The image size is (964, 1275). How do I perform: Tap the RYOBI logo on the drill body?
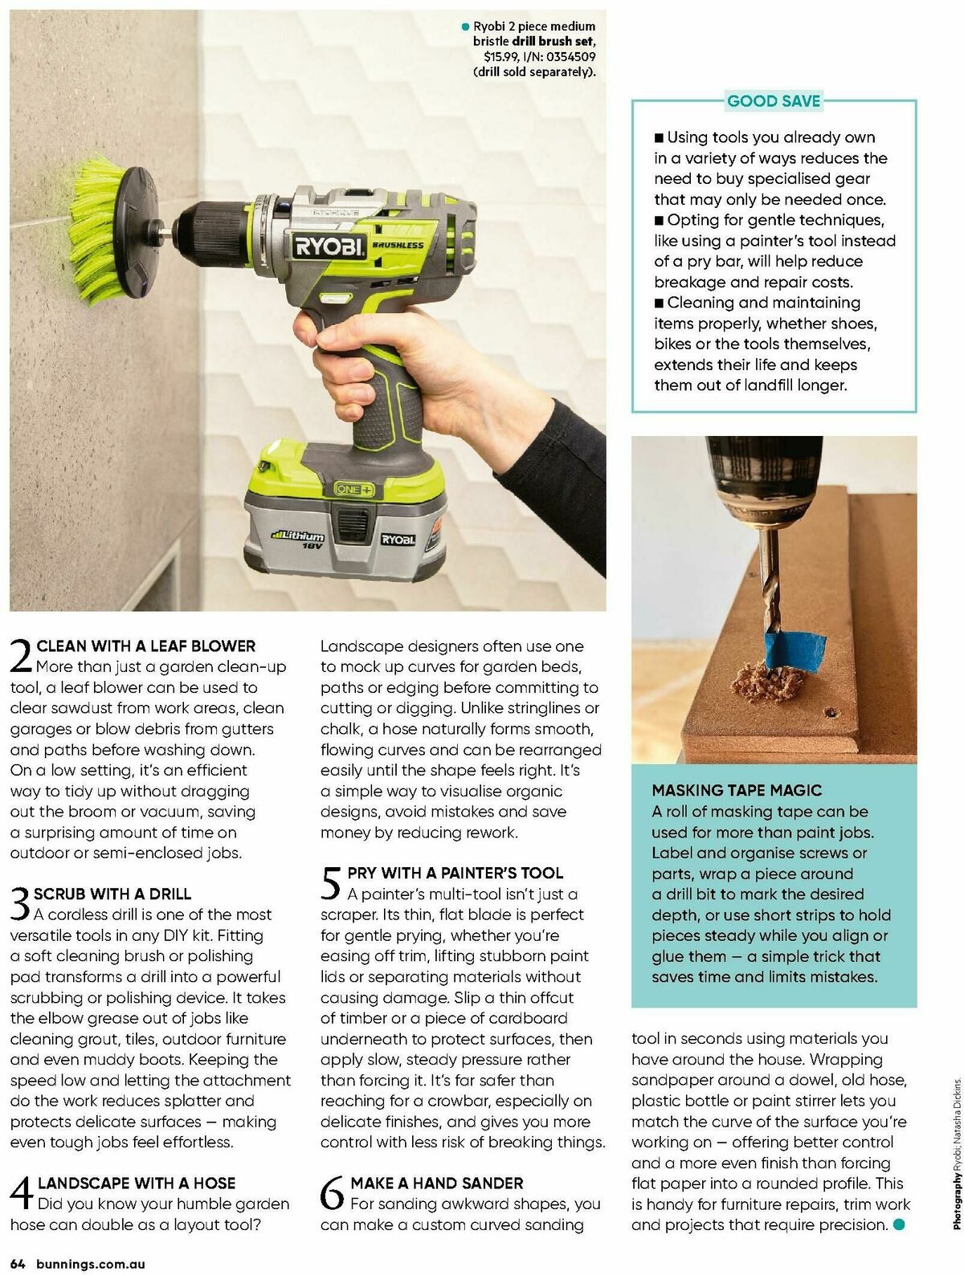pos(329,246)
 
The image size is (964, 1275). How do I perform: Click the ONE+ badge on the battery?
pos(354,489)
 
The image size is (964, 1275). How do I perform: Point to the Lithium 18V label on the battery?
pos(298,539)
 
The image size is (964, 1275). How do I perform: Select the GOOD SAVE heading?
pos(773,101)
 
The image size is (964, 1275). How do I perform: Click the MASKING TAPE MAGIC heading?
pos(737,790)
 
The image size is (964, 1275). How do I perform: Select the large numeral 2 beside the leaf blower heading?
pos(21,655)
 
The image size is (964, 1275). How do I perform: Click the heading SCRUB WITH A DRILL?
pos(112,894)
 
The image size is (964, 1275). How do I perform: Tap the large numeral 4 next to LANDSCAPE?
pos(22,1191)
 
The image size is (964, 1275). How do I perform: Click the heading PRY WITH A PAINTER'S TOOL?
pos(455,873)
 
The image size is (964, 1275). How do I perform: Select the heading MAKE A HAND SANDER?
pos(436,1183)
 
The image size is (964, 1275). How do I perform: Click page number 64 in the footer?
pos(18,1264)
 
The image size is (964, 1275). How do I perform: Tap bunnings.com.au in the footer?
pos(89,1264)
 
